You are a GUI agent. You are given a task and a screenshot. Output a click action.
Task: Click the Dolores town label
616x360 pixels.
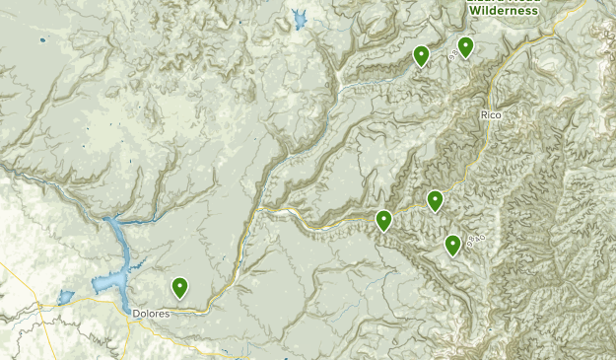point(150,314)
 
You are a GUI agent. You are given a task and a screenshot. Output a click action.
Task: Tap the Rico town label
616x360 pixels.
point(491,116)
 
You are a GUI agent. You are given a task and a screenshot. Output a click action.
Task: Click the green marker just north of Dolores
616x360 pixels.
point(180,288)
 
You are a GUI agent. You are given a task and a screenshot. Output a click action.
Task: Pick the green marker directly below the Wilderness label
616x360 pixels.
point(465,46)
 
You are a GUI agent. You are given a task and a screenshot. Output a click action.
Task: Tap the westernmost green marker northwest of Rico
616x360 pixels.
point(421,56)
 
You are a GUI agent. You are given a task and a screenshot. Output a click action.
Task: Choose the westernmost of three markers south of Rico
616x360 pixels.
point(383,221)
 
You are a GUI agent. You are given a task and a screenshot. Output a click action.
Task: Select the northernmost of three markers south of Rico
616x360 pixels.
point(435,201)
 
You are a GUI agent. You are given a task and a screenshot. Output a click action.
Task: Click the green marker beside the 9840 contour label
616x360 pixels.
point(452,245)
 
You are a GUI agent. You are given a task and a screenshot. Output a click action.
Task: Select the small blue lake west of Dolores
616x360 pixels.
point(66,296)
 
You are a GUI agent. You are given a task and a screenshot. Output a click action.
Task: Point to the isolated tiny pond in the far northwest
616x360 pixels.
point(42,40)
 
